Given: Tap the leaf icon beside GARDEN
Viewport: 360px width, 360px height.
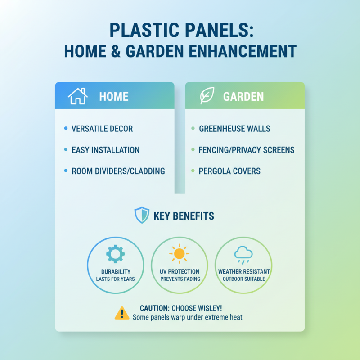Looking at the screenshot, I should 207,96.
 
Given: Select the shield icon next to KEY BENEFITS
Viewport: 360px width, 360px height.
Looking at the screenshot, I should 142,216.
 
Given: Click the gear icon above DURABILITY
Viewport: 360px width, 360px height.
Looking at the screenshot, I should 115,254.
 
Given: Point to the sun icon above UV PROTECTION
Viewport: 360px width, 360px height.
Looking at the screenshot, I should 179,254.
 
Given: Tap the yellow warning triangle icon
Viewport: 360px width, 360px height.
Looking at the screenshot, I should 121,313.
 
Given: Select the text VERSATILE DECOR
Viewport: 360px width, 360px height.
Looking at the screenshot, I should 102,129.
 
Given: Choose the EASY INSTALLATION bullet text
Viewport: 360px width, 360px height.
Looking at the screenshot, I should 106,150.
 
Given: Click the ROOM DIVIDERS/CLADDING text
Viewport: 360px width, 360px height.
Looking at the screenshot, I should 118,171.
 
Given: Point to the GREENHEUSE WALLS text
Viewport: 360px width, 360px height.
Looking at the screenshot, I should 234,129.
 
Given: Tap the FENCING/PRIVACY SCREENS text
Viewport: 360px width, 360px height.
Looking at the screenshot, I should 247,150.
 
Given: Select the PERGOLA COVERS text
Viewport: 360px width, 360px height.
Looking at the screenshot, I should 229,171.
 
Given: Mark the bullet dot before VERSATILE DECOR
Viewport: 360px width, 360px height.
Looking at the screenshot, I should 66,129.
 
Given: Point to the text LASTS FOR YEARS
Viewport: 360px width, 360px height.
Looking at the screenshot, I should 115,279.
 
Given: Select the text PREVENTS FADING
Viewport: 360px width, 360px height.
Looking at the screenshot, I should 180,279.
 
